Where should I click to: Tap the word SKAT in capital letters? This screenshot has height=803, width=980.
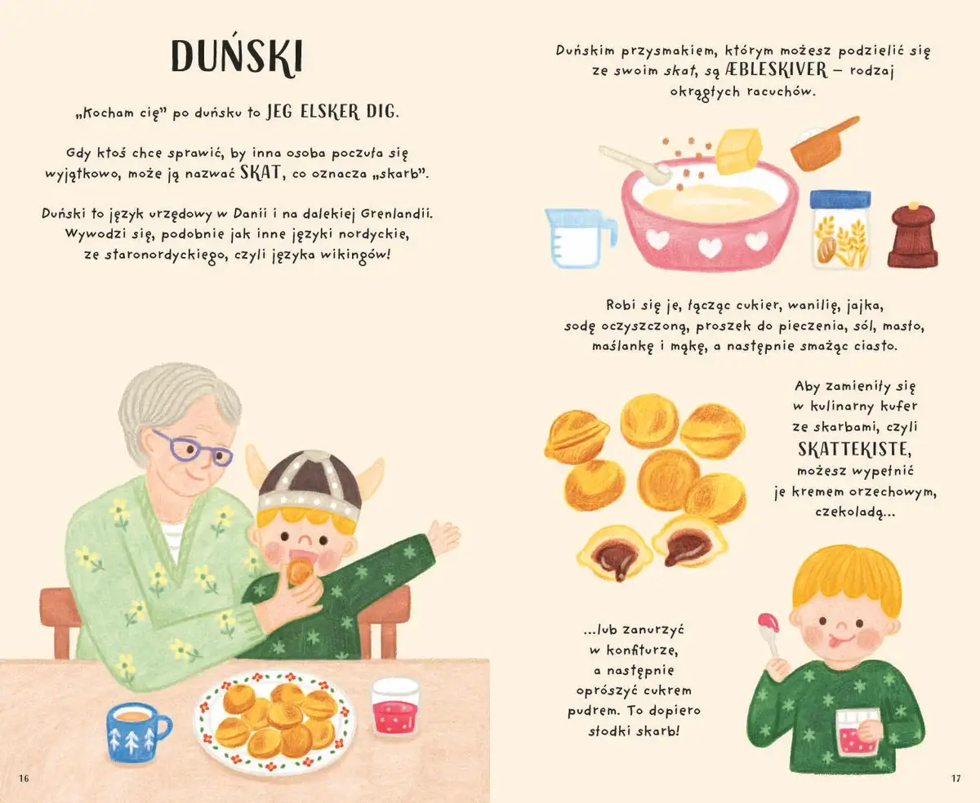[261, 172]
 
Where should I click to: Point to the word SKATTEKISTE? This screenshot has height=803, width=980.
[854, 449]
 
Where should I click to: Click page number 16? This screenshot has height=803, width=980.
[24, 779]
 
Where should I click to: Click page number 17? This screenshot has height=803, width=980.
[955, 779]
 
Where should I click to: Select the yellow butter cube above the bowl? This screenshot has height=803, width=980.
[739, 151]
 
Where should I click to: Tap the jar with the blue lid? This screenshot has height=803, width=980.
[840, 229]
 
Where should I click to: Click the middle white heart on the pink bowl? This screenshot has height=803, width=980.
[710, 246]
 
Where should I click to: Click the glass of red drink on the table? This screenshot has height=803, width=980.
[395, 707]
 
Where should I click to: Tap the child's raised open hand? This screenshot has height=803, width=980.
[443, 536]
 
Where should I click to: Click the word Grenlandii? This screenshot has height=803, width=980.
[396, 214]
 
